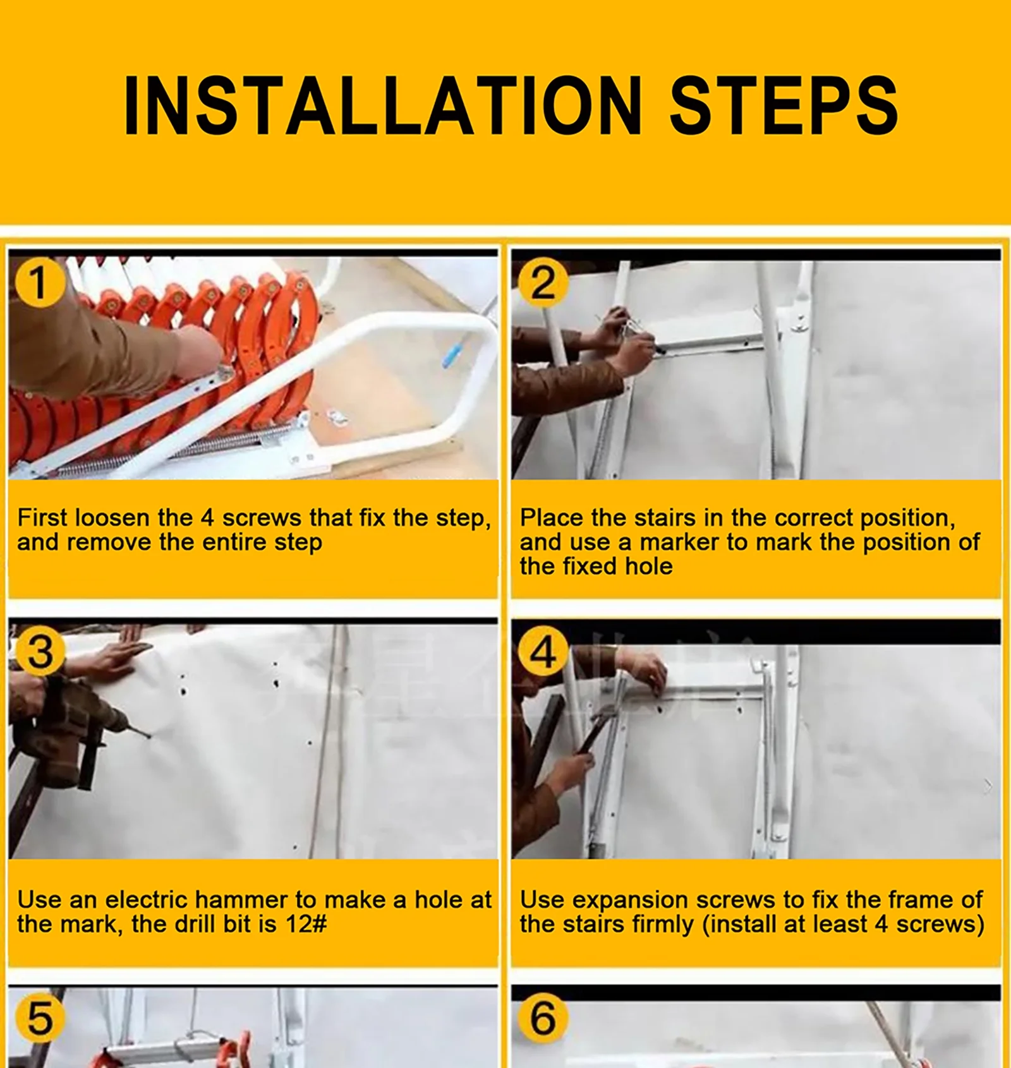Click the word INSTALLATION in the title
[x=383, y=105]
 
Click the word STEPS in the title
[x=784, y=105]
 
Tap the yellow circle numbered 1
[x=39, y=282]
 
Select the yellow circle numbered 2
[x=543, y=282]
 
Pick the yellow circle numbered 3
[x=40, y=652]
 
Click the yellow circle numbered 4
[x=543, y=652]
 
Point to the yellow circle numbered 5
[x=40, y=1017]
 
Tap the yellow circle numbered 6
[x=543, y=1017]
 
